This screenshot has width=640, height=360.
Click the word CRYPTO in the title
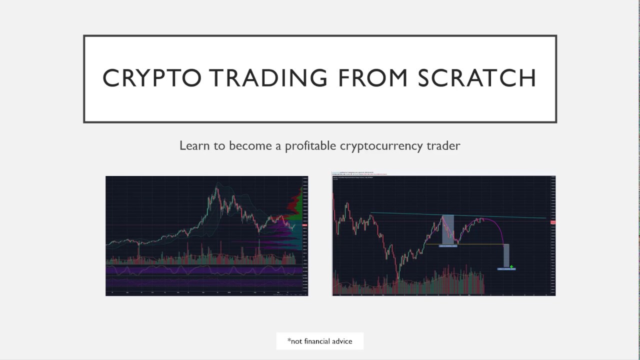[x=151, y=78]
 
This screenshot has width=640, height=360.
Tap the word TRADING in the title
[x=268, y=78]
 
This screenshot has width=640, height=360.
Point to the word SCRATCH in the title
[x=476, y=78]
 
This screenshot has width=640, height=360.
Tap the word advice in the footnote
[x=342, y=341]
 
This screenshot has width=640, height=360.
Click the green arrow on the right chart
[x=511, y=266]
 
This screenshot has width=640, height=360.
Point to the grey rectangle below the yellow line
[x=506, y=255]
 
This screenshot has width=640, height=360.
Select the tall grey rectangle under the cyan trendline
[x=448, y=229]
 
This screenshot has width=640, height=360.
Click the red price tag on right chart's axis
[x=552, y=222]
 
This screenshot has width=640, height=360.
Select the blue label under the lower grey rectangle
[x=506, y=269]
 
